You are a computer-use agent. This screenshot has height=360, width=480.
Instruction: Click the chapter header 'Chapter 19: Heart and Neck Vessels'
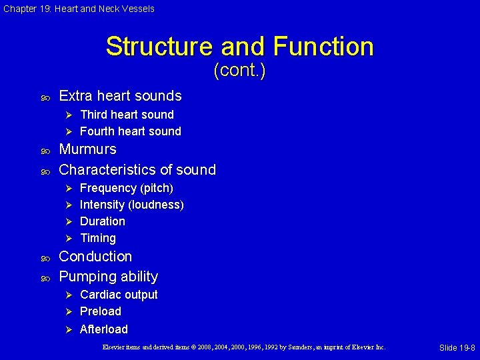79,9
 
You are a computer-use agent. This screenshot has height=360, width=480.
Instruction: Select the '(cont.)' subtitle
239,70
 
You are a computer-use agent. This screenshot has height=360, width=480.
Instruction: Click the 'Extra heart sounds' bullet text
120,96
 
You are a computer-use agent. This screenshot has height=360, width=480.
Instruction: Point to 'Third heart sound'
127,115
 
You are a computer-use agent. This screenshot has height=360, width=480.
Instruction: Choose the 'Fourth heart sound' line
130,131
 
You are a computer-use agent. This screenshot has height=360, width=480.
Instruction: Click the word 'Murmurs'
87,149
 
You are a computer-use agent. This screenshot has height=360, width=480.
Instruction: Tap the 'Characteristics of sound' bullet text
137,169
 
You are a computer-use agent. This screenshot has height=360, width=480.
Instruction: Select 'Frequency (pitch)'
126,188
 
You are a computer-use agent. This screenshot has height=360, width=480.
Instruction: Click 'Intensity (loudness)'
131,205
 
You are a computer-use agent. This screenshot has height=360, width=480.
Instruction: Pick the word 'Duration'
102,221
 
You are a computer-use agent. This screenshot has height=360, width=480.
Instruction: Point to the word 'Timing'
98,238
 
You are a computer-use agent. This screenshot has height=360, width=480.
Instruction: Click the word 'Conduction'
95,257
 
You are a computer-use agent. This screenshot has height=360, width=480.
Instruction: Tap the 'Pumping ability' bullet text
109,277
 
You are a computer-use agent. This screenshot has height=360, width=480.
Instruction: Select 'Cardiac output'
119,295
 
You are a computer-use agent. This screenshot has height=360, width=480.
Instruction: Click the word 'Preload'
101,311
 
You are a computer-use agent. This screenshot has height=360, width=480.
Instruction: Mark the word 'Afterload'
103,329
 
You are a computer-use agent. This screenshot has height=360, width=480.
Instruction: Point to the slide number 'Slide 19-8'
457,348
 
